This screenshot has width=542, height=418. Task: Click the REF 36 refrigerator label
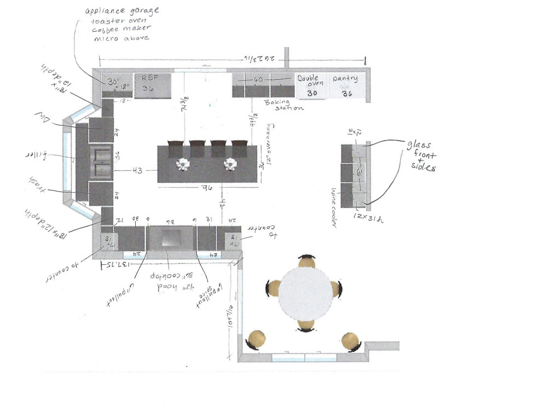[x=147, y=83]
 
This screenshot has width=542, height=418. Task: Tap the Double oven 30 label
[x=310, y=84]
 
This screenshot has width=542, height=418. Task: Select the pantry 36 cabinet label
[x=345, y=84]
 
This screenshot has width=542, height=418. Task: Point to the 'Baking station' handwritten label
[x=284, y=104]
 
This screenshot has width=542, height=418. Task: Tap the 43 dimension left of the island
[x=137, y=171]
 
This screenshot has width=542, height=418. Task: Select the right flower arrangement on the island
[x=231, y=164]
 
